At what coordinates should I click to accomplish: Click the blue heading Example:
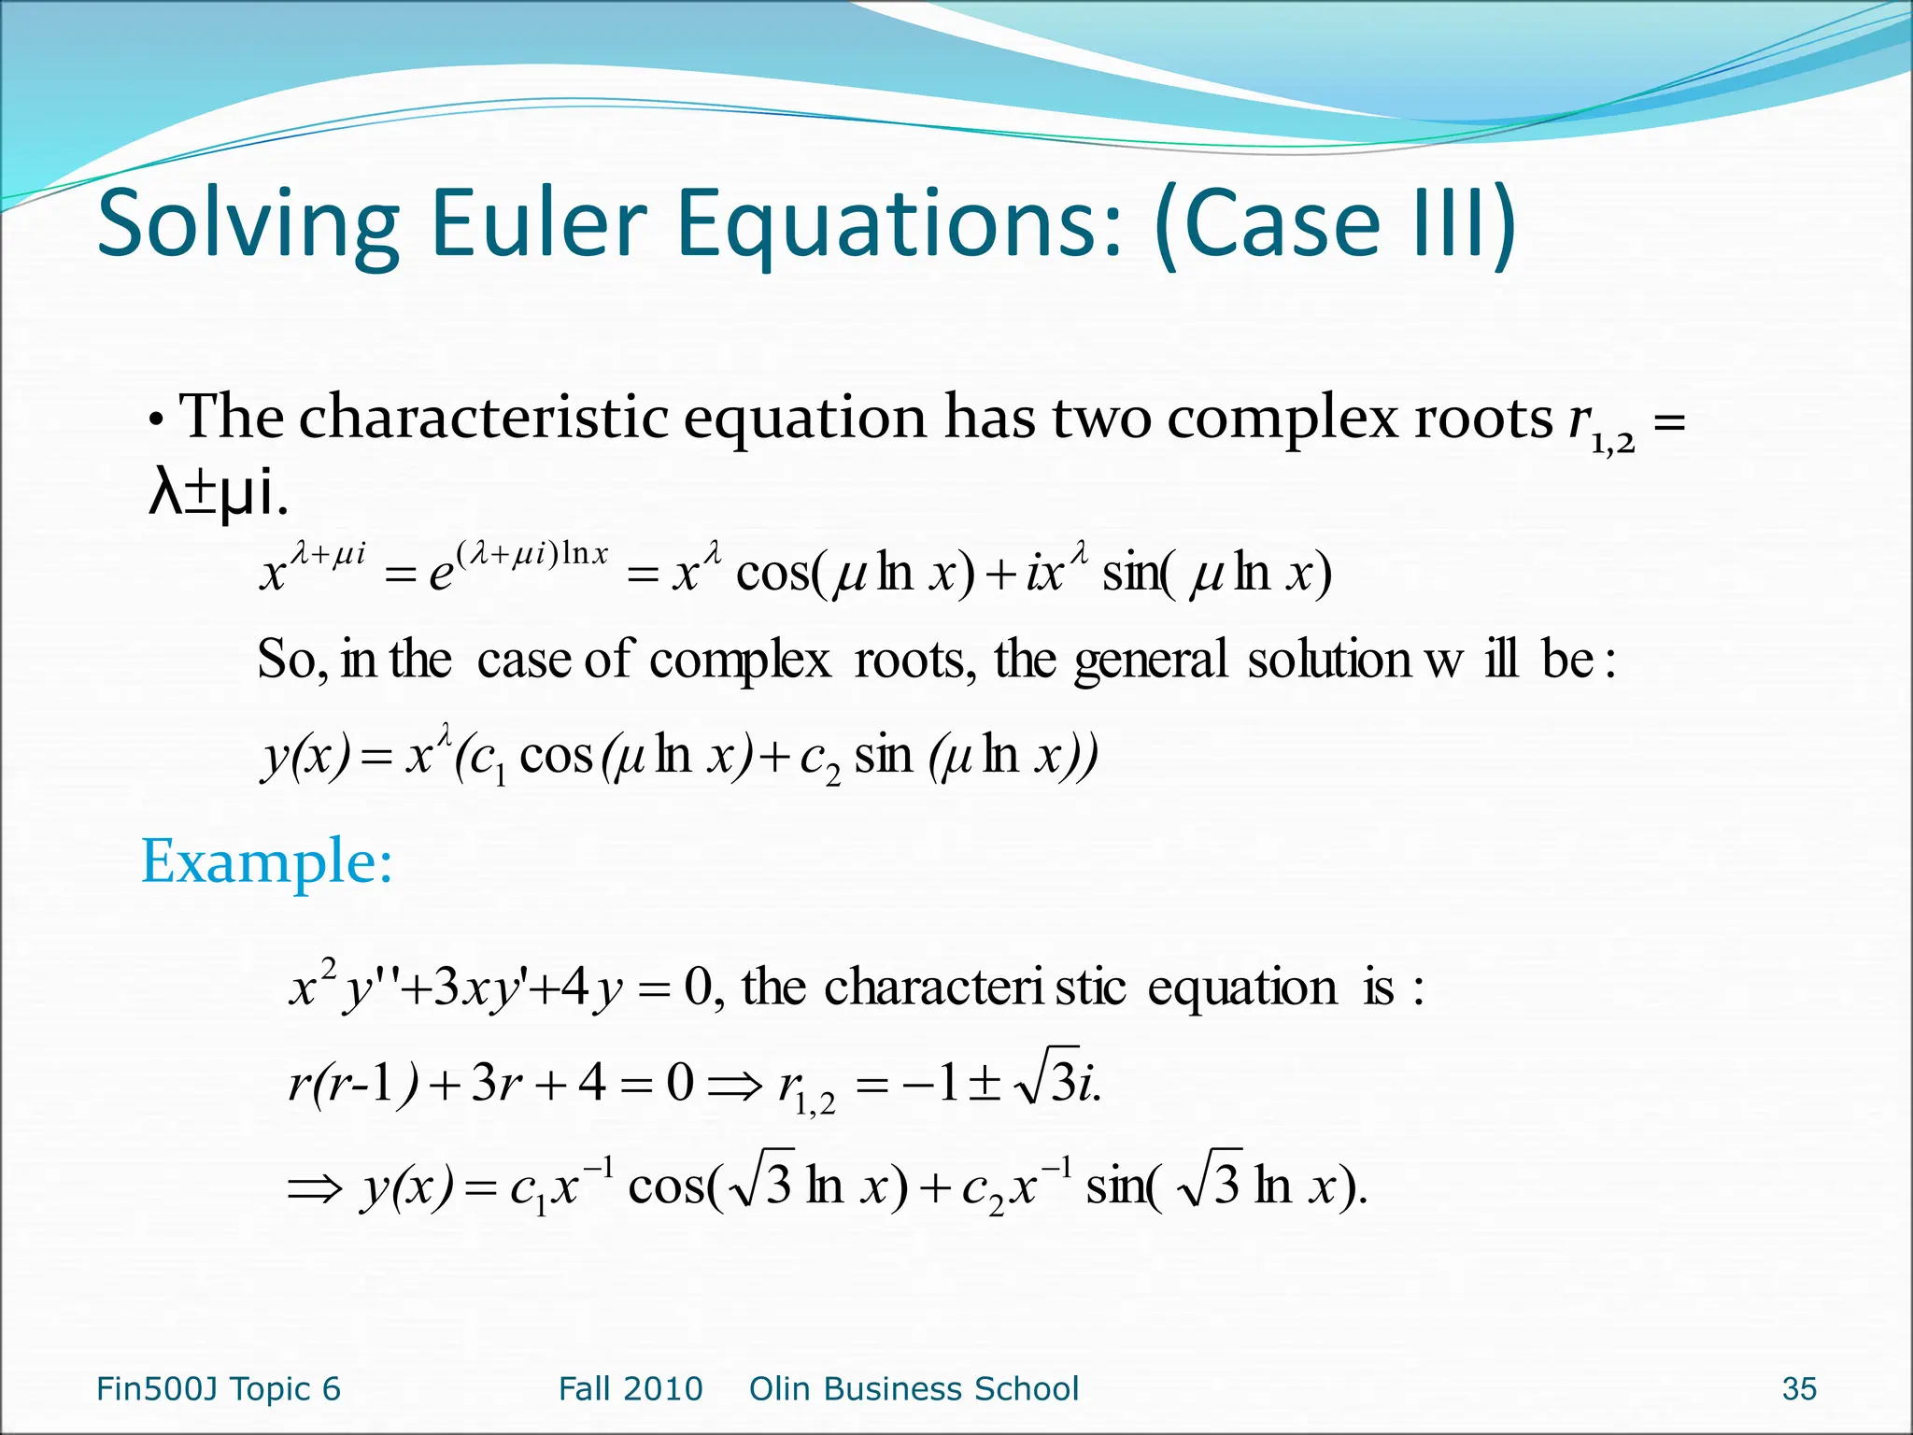266,860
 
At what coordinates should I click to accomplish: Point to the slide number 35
1798,1389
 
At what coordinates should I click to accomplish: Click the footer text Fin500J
157,1389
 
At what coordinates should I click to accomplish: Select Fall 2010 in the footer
631,1389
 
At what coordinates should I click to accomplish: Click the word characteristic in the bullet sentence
483,417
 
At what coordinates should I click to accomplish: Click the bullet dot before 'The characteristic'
157,422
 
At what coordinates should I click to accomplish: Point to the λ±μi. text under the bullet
218,493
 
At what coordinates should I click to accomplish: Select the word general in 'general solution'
1150,661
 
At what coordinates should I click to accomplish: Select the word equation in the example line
1241,987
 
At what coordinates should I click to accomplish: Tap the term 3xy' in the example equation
477,988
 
